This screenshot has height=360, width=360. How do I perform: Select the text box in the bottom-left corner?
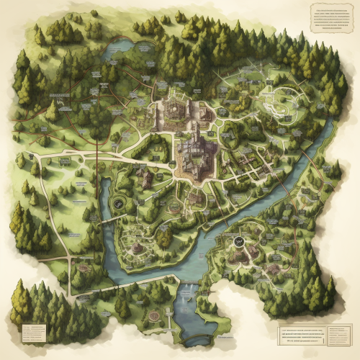tap(34, 332)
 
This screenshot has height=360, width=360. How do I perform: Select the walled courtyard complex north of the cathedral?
tap(175, 108)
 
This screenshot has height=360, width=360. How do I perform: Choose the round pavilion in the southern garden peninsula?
tap(136, 248)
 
